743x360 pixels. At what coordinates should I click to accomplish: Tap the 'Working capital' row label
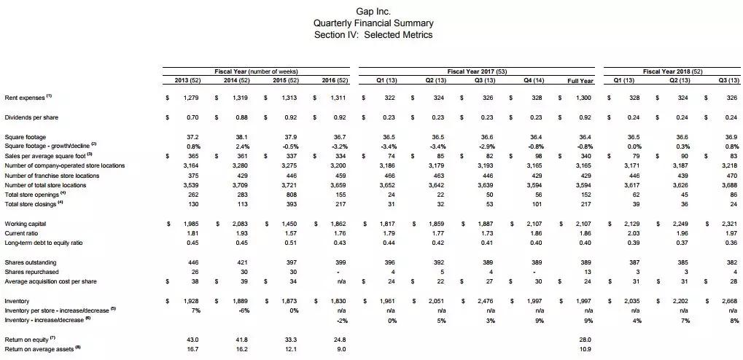[26, 223]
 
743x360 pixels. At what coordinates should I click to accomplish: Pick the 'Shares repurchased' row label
[31, 271]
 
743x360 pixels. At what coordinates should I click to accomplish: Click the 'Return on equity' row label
[28, 339]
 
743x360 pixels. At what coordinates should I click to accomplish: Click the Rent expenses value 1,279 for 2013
[190, 97]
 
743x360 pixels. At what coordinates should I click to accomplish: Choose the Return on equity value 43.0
[192, 339]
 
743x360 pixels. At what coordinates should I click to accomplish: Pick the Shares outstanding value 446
[193, 262]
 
